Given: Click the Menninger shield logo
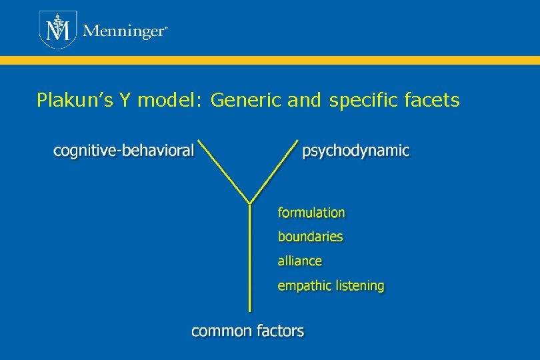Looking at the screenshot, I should tap(59, 30).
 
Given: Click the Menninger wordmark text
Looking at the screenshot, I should tap(123, 32).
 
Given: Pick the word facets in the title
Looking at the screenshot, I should tap(432, 101).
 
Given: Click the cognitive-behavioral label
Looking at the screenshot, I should tap(124, 151).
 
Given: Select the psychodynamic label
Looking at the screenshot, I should tap(356, 151).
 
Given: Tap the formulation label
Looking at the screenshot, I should tap(311, 213).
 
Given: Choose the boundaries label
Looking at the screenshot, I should tap(310, 237).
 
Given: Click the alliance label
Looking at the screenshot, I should tap(299, 261).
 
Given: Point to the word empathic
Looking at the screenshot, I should tap(305, 286).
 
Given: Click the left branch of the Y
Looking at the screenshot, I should tap(225, 171).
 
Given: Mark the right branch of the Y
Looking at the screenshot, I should tap(274, 171).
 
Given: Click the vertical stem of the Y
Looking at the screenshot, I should tap(250, 260).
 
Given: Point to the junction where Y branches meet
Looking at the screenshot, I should tap(250, 203).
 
